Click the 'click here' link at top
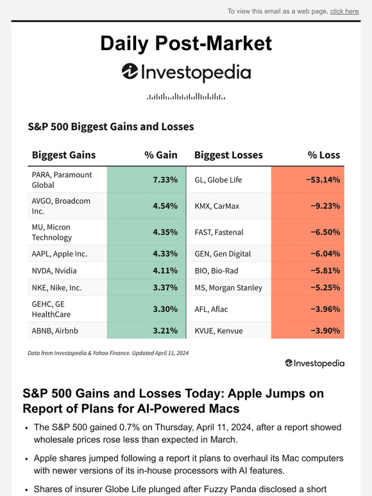click(x=344, y=11)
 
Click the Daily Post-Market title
click(x=186, y=43)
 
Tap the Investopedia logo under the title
click(x=186, y=72)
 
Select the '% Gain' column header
click(x=160, y=155)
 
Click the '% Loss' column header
click(x=324, y=155)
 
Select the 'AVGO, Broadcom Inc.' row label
click(x=61, y=206)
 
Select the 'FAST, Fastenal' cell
click(x=219, y=232)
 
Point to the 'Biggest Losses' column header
click(x=228, y=155)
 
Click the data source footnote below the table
click(x=108, y=353)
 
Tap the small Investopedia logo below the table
click(x=314, y=363)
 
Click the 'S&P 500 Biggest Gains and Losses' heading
click(x=110, y=127)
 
